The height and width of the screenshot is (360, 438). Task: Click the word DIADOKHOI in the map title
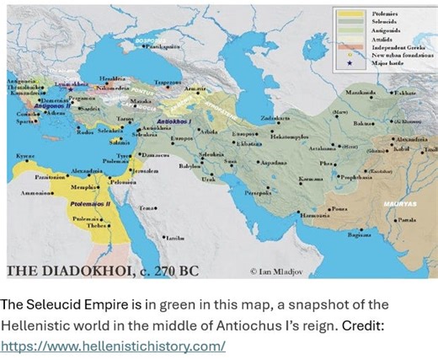coord(83,271)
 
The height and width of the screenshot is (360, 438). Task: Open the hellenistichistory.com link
coord(113,345)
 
